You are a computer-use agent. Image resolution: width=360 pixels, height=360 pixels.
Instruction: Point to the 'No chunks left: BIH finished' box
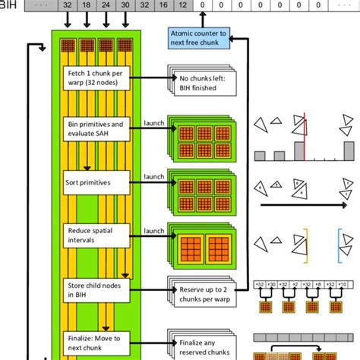198,84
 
